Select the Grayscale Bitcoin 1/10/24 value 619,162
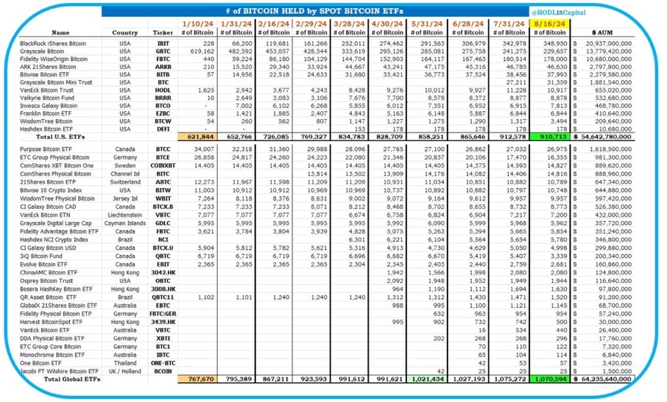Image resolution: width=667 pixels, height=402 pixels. click(197, 52)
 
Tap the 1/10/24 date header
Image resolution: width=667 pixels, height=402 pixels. click(197, 24)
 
